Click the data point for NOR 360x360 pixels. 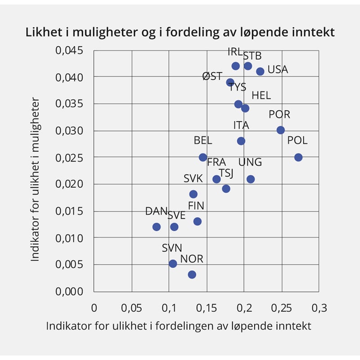[x=192, y=274]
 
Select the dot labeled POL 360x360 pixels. [x=298, y=157]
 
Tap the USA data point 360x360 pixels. [x=260, y=71]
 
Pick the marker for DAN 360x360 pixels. [x=157, y=227]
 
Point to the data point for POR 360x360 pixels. [x=281, y=130]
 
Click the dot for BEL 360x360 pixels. [x=203, y=157]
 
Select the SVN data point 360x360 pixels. [x=173, y=264]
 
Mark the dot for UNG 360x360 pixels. [x=251, y=179]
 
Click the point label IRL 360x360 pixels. [x=235, y=52]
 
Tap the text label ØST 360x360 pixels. [x=212, y=76]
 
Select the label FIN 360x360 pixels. [x=196, y=206]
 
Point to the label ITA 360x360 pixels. [x=241, y=125]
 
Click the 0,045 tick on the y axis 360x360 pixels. [x=69, y=50]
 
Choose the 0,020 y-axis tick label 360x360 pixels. [x=69, y=184]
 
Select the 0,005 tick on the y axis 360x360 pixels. [x=69, y=264]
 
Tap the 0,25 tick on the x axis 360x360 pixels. [x=281, y=308]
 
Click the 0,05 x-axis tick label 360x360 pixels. [x=131, y=308]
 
